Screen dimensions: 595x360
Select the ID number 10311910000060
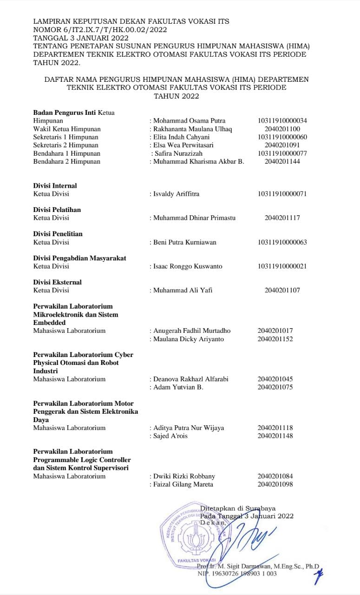point(282,137)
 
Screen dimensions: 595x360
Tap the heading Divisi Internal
point(55,185)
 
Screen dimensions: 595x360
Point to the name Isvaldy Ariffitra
point(176,194)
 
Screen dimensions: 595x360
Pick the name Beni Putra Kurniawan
point(185,242)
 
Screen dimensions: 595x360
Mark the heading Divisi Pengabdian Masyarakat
point(79,258)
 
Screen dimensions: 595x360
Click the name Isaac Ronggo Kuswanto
point(188,266)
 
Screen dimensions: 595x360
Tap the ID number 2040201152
point(275,339)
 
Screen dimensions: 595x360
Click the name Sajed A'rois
point(170,436)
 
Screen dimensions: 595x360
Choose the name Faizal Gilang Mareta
point(183,484)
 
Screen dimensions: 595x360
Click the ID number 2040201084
point(275,476)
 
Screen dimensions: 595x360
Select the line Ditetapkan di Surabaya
point(237,509)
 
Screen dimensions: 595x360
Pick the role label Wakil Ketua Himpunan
point(67,129)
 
